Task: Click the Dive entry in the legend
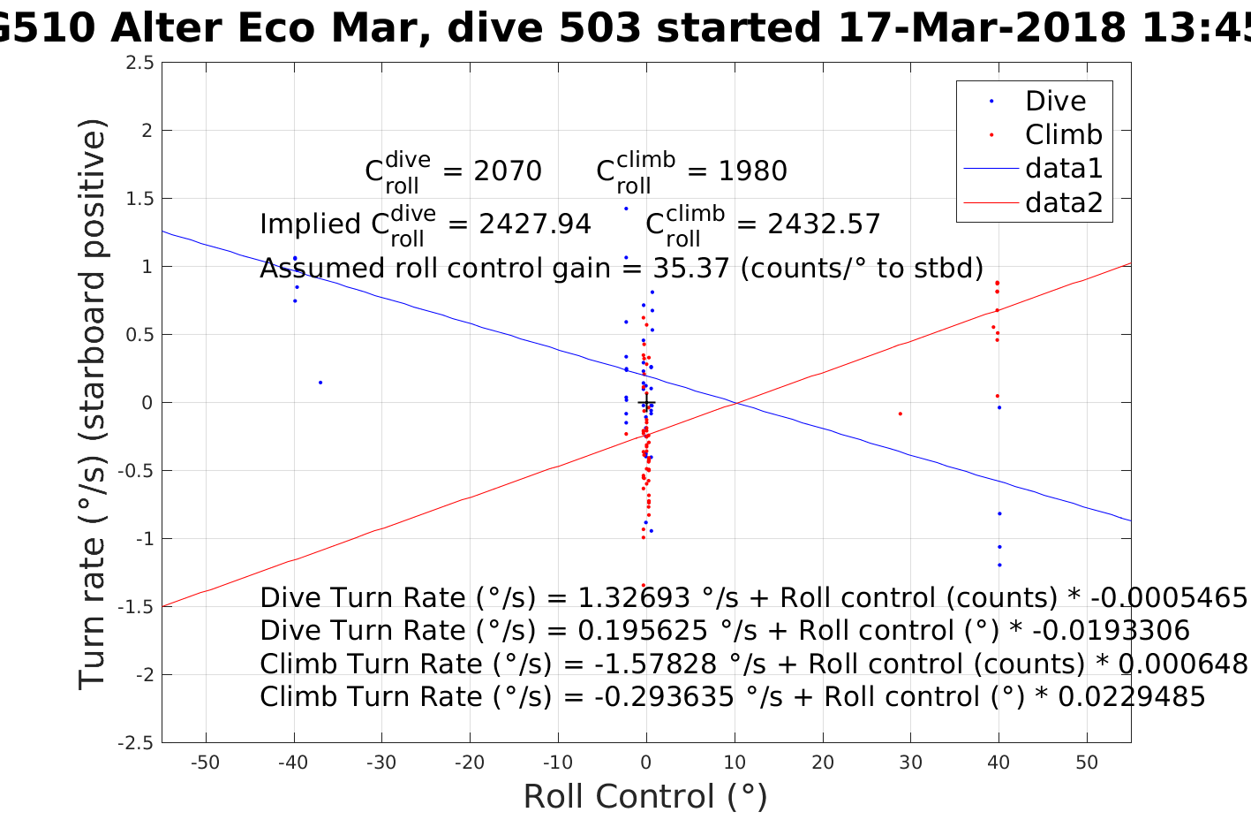click(x=1055, y=102)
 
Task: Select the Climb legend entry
click(x=1063, y=135)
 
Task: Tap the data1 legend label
click(x=1063, y=169)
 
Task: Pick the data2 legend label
click(x=1063, y=203)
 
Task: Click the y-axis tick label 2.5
click(x=139, y=63)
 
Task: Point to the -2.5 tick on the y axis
click(x=136, y=743)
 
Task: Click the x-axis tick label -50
click(x=206, y=763)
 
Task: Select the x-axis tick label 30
click(x=910, y=763)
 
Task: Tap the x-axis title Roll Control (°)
click(x=645, y=797)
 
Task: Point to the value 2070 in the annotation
click(x=508, y=171)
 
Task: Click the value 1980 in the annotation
click(x=753, y=171)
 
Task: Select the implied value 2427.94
click(x=535, y=224)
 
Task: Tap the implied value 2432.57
click(x=825, y=224)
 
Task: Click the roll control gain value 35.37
click(x=691, y=268)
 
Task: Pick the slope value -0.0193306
click(x=1112, y=631)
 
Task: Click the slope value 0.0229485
click(x=1132, y=697)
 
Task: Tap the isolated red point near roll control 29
click(x=900, y=414)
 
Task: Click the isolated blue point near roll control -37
click(x=320, y=383)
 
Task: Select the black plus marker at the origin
click(x=646, y=403)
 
